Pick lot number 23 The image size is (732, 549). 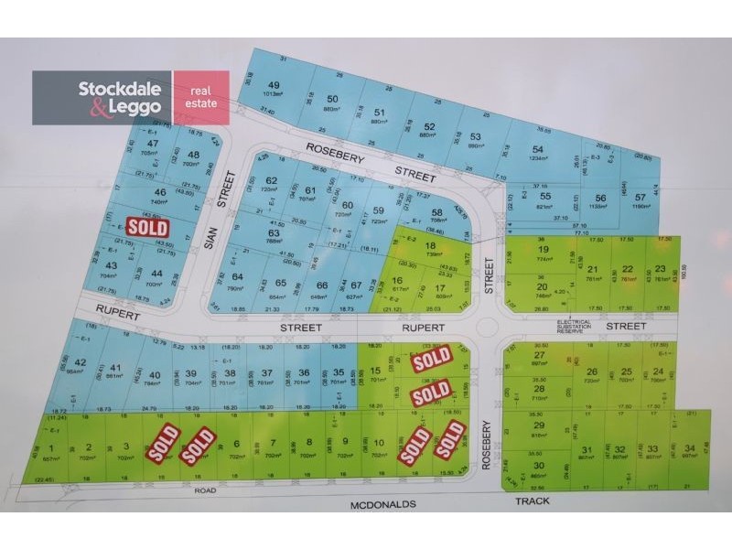[x=660, y=269]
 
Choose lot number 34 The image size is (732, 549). [x=688, y=447]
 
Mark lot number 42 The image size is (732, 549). [x=81, y=364]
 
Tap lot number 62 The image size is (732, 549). [x=271, y=180]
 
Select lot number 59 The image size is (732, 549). [x=379, y=210]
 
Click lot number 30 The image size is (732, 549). [x=539, y=465]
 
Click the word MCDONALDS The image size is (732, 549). [x=381, y=503]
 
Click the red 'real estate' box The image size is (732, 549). [x=201, y=97]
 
